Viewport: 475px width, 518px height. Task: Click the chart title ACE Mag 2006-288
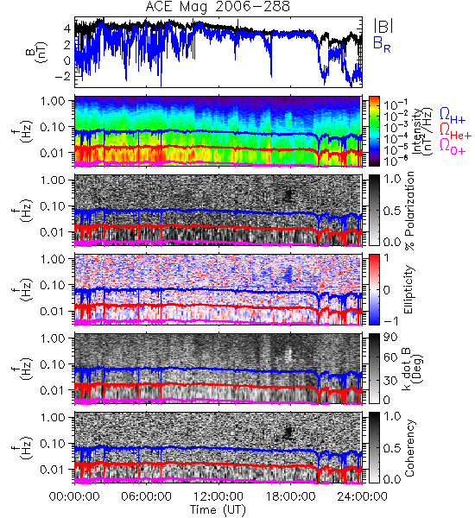pyautogui.click(x=218, y=6)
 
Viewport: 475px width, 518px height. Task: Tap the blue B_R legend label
pyautogui.click(x=382, y=44)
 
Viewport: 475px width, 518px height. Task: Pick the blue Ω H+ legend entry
pyautogui.click(x=453, y=116)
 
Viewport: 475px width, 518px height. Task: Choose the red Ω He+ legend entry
pyautogui.click(x=455, y=131)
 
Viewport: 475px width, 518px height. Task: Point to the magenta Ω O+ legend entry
pyautogui.click(x=453, y=147)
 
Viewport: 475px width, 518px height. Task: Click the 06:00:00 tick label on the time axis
pyautogui.click(x=147, y=496)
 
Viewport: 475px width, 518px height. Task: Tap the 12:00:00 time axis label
pyautogui.click(x=218, y=496)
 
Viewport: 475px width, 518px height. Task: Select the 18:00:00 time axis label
pyautogui.click(x=290, y=496)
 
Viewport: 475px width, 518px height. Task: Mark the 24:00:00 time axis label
pyautogui.click(x=362, y=496)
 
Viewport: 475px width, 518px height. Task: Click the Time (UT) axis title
pyautogui.click(x=218, y=510)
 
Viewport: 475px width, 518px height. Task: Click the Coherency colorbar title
pyautogui.click(x=409, y=448)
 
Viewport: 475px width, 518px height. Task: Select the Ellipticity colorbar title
pyautogui.click(x=408, y=289)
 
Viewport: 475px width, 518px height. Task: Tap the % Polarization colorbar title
pyautogui.click(x=409, y=211)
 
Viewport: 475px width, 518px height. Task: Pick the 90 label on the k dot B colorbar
pyautogui.click(x=390, y=338)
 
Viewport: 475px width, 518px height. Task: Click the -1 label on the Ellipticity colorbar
pyautogui.click(x=390, y=321)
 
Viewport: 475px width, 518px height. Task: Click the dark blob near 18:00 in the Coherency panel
pyautogui.click(x=288, y=433)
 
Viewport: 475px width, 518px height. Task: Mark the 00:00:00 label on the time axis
pyautogui.click(x=74, y=496)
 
